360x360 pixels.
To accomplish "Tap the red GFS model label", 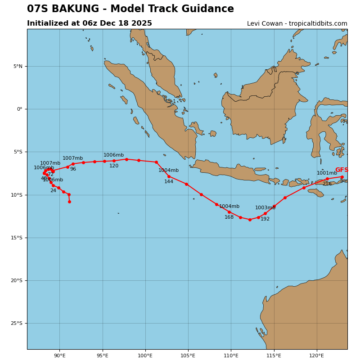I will point(342,170).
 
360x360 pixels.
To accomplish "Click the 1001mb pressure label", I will point(327,173).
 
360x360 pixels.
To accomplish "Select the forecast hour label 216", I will point(327,184).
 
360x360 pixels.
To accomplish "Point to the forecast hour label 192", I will point(265,219).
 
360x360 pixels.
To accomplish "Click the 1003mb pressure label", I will point(265,208).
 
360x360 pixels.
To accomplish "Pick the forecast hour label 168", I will point(229,217).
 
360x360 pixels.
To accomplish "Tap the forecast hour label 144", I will point(169,182).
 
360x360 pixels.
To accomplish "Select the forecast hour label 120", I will point(114,166).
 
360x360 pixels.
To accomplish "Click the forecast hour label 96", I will point(73,169).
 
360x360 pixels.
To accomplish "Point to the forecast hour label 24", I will point(53,191).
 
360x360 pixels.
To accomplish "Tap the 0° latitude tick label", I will point(19,109).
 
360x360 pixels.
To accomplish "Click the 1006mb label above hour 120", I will point(113,155).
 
